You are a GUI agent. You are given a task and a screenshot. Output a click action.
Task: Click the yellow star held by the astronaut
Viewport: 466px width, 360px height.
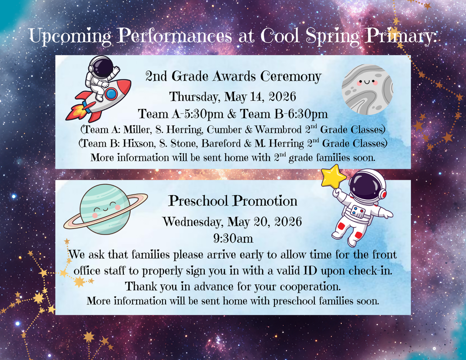tap(333, 177)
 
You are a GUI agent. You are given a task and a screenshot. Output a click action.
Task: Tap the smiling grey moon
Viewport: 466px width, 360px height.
tap(367, 89)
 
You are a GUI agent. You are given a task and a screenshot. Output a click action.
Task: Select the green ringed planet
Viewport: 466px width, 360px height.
tap(105, 209)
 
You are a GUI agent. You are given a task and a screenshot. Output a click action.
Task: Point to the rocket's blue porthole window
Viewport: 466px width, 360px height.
tap(111, 94)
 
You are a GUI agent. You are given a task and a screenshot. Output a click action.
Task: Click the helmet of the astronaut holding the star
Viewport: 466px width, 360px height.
tap(367, 186)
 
